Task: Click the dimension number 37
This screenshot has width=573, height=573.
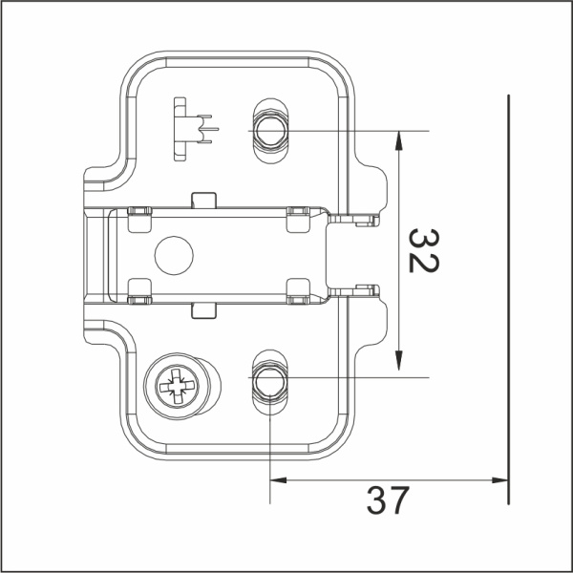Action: point(388,500)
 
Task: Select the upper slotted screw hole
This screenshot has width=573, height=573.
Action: point(268,127)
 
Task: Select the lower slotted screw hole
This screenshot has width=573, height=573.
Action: point(268,380)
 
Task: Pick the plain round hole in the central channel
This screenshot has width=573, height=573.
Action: point(174,255)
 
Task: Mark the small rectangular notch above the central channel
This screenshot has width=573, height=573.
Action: point(202,201)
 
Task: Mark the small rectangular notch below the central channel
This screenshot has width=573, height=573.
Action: point(202,308)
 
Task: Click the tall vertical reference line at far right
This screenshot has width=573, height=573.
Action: point(509,286)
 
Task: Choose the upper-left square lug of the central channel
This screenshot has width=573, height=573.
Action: point(138,214)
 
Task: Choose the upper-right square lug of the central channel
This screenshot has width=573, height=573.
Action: point(298,214)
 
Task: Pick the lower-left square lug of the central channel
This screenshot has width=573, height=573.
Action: point(138,292)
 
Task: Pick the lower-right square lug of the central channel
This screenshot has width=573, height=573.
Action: point(298,292)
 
